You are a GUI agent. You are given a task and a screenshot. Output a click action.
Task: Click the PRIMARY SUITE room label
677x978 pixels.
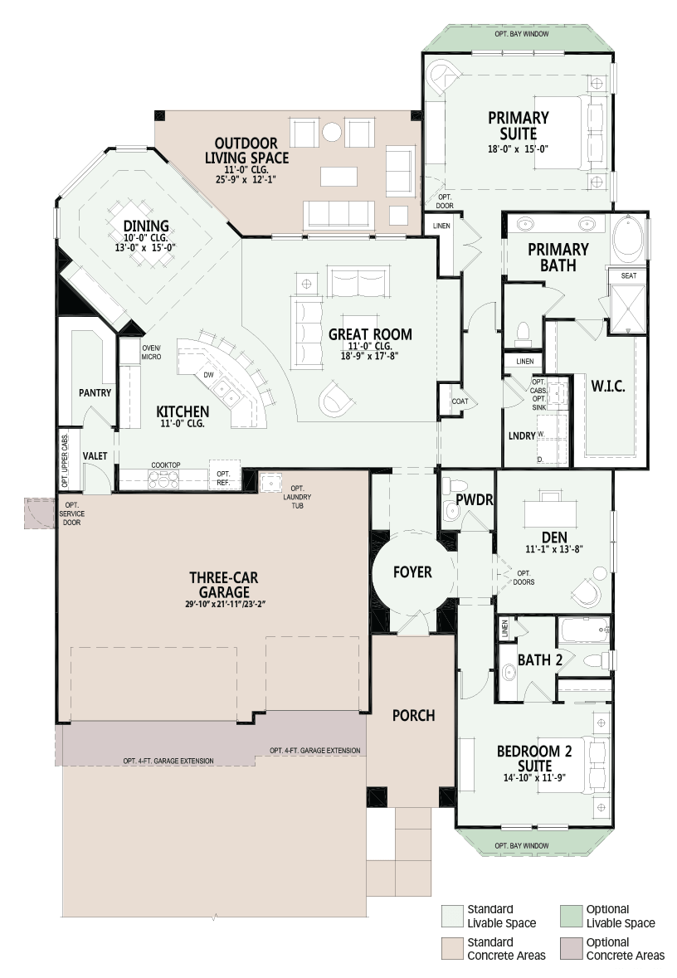(518, 125)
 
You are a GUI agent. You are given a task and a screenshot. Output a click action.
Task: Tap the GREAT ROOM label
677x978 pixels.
(370, 334)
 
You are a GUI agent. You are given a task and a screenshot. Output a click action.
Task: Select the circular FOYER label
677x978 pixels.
(412, 572)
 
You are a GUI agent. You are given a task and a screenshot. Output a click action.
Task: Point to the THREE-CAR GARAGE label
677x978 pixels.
(223, 585)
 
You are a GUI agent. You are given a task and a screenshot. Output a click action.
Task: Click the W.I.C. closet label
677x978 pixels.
(608, 386)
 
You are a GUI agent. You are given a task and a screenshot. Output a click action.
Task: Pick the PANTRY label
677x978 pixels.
(95, 393)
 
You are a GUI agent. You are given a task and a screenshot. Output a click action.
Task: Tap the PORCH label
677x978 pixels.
(414, 715)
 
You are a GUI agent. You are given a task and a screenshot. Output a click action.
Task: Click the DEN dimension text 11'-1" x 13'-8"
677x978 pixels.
(554, 549)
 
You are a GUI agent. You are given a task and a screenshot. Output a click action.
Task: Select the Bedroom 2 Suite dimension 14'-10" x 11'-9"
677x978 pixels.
(534, 778)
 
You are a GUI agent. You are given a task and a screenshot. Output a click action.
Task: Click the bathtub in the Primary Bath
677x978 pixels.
(628, 239)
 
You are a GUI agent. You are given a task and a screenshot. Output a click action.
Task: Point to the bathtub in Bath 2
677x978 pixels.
(585, 630)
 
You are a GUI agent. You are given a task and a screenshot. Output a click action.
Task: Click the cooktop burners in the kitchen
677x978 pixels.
(163, 479)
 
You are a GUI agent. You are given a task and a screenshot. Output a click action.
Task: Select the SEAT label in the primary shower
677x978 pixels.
(629, 275)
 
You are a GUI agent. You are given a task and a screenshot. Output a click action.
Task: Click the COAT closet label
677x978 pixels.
(460, 401)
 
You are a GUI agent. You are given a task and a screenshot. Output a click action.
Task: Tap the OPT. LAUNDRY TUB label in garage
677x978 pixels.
(297, 497)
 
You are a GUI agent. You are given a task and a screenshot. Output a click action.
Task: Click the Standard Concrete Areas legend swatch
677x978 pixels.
(452, 949)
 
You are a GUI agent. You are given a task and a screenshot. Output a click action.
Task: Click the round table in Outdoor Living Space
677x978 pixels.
(331, 132)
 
